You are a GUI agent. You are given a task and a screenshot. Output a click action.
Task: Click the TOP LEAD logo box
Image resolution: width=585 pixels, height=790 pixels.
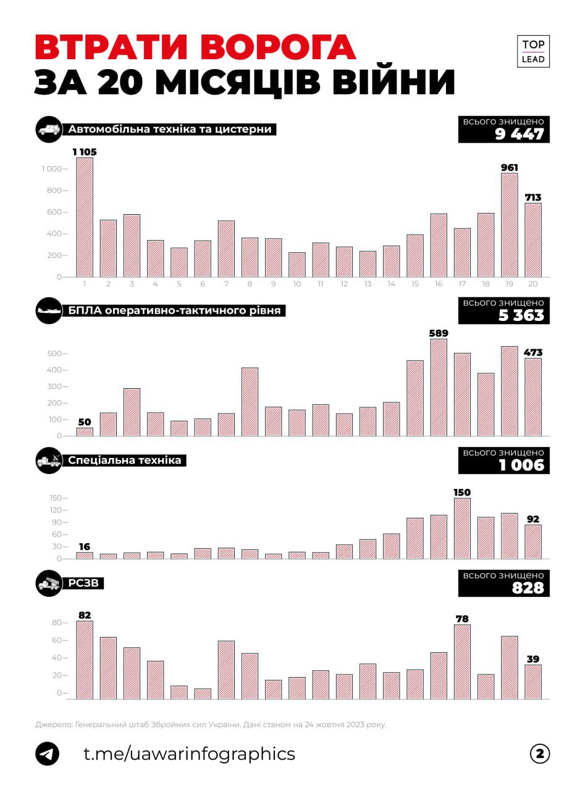pos(533,52)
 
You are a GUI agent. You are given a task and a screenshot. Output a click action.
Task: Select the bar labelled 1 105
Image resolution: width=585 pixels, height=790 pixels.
pos(85,217)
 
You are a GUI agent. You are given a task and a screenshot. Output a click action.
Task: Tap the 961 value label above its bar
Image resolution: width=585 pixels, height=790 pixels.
pos(510,167)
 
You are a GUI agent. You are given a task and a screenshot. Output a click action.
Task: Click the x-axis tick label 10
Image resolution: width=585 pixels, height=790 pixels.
pos(297,284)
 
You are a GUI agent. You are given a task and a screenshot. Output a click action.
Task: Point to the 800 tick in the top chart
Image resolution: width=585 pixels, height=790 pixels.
pos(53,191)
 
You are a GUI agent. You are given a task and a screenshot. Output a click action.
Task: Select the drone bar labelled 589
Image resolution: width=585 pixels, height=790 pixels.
pos(439,387)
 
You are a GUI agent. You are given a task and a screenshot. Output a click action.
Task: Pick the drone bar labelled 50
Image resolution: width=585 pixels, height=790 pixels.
pos(85,431)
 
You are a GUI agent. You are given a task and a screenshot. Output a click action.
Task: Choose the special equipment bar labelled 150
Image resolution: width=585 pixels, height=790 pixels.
pos(462,528)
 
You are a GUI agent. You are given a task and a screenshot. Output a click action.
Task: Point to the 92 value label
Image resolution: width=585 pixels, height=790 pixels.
pos(533,519)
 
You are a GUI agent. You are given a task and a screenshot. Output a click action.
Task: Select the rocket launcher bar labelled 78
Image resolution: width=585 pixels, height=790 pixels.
pos(462,662)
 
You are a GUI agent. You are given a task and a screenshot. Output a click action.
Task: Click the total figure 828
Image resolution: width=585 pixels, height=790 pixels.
pos(528,588)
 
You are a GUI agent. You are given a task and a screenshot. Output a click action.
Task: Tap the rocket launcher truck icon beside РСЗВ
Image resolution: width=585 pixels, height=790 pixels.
pos(49,582)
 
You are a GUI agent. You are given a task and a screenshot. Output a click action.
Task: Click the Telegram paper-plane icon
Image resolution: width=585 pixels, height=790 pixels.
pos(48,754)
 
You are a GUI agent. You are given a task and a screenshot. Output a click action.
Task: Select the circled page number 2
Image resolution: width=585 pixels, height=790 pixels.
pos(540,754)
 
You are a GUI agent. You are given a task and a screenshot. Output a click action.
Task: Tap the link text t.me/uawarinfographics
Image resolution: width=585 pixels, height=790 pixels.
pos(189,754)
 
